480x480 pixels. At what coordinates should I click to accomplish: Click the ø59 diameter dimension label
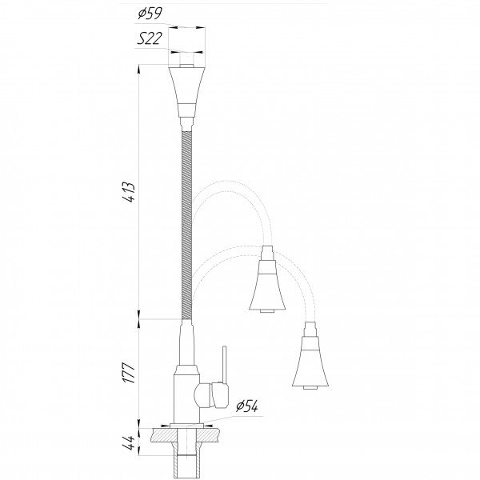[x=150, y=14]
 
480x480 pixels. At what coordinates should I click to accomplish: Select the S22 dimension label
[x=149, y=38]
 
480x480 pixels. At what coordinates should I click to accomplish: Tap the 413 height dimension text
[x=129, y=192]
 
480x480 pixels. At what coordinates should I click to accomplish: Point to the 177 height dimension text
[x=129, y=373]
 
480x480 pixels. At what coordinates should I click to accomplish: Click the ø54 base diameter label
[x=246, y=406]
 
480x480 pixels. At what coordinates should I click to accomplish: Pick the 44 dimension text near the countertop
[x=129, y=442]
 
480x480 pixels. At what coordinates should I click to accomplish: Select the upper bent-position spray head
[x=267, y=279]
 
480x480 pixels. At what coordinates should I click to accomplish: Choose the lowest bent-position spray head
[x=310, y=356]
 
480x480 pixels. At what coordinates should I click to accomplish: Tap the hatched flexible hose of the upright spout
[x=186, y=226]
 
